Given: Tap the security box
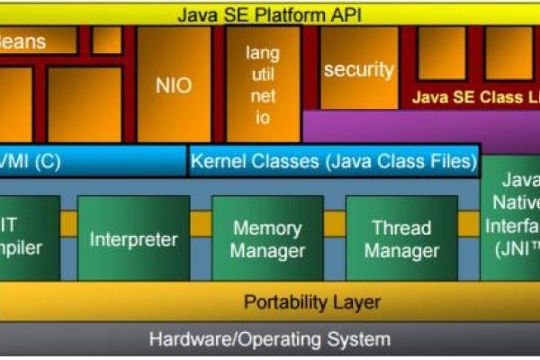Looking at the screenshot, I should coord(358,69).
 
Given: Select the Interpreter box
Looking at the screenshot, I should coord(133,239).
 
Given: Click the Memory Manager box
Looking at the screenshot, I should coord(267,238).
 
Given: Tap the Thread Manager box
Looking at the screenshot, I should coord(401,238).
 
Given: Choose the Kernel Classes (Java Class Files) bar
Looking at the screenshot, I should coord(333,162).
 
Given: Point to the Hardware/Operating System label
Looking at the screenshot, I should coord(270,339).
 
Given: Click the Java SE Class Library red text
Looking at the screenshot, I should coord(475,97).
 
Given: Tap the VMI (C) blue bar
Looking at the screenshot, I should coord(90,162).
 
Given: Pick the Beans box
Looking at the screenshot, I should coord(36,41).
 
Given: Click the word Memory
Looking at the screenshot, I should coord(267,228).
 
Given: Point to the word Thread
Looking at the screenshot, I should coord(401,228).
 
